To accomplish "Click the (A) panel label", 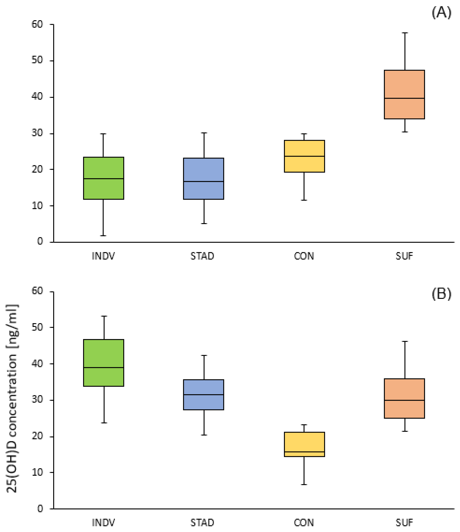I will (x=441, y=13).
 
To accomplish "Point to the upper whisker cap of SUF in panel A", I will (x=405, y=33).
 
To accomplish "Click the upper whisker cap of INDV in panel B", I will (x=104, y=316).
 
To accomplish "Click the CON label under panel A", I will (x=304, y=256).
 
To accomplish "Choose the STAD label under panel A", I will (x=202, y=256).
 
